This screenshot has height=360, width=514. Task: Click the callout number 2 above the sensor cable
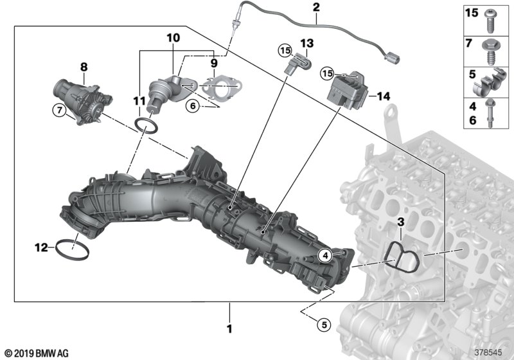tap(316, 7)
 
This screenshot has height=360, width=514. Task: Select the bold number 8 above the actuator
tap(84, 67)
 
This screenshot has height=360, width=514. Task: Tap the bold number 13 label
tap(307, 43)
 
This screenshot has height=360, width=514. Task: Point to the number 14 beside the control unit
tap(384, 96)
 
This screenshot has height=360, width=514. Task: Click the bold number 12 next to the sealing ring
tap(41, 248)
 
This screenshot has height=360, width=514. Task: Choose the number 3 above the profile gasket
tap(400, 222)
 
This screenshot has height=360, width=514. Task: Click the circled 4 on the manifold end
tap(325, 256)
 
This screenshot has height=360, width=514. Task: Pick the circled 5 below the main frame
tap(324, 325)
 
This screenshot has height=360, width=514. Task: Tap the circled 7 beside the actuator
tap(59, 110)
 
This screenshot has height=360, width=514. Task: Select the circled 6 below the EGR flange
tap(193, 106)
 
